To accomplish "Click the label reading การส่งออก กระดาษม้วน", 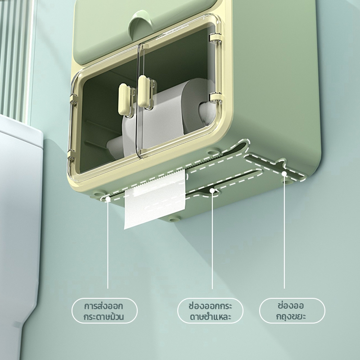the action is (x=104, y=311).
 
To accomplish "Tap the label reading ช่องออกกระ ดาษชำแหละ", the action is (x=210, y=311).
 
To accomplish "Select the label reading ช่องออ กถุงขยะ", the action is (x=292, y=311).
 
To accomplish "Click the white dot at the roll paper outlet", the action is (x=108, y=199).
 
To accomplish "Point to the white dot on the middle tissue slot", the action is (x=212, y=190).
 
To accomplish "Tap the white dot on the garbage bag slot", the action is (x=284, y=173).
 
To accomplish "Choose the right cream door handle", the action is (x=145, y=91).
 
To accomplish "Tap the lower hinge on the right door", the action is (x=215, y=98).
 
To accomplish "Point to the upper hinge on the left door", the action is (x=73, y=101).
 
